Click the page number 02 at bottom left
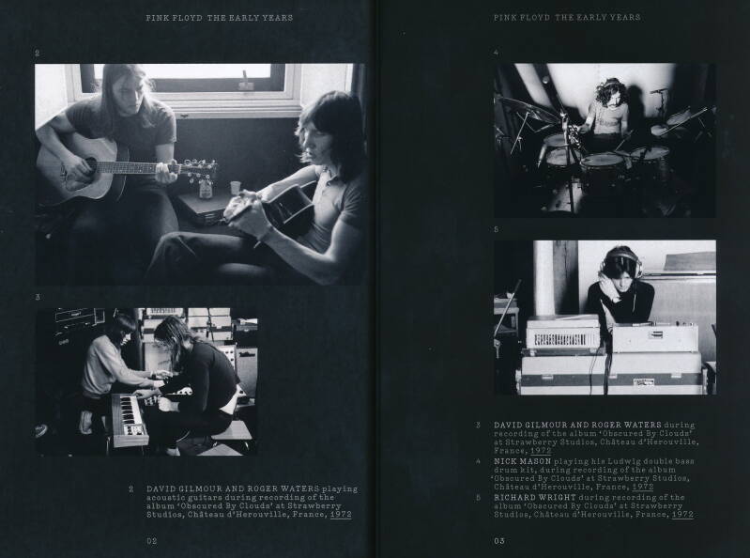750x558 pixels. [x=152, y=541]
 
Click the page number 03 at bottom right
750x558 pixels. [x=499, y=541]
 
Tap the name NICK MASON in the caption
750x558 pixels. [x=522, y=461]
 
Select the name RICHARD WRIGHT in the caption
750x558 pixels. [x=535, y=497]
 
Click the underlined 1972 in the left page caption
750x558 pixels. [x=341, y=515]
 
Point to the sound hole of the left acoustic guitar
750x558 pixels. [x=90, y=166]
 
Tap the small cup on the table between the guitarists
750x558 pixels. [x=235, y=188]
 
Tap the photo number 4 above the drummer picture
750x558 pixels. [x=497, y=53]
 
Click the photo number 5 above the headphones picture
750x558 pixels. [x=496, y=230]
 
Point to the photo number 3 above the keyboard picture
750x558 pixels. [x=38, y=297]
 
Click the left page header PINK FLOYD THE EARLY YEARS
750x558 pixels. [x=220, y=18]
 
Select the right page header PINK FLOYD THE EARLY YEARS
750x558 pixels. [x=567, y=18]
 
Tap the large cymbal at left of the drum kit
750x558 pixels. [x=528, y=109]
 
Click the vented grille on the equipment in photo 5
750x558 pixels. [x=564, y=340]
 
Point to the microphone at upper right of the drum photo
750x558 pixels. [x=658, y=91]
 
